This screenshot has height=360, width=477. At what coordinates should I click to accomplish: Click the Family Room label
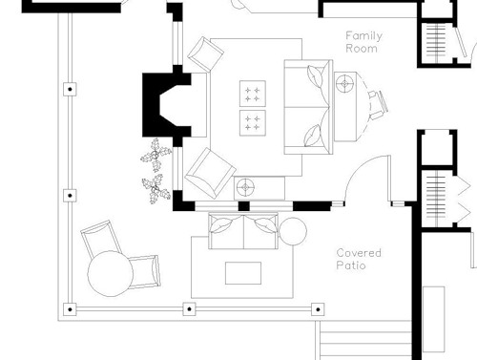pos(363,42)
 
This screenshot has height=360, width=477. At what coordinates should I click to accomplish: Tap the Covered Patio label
pos(359,259)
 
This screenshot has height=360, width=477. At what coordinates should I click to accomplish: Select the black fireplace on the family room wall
pos(166,105)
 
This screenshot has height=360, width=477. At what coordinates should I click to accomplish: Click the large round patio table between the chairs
pos(110,274)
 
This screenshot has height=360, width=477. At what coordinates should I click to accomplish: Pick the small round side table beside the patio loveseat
pos(293,231)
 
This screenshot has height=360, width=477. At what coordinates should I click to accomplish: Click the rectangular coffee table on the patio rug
pos(243,273)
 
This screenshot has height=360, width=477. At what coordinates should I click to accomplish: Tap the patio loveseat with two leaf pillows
pos(243,231)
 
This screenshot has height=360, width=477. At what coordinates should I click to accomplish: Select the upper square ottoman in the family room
pos(253,94)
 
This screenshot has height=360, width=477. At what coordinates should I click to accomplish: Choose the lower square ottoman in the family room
pos(253,123)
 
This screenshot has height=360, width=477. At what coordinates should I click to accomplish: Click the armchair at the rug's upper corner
pos(205,54)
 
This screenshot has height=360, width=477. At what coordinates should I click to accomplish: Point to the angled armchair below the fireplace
pos(211,173)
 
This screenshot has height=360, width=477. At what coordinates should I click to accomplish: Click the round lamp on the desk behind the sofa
pos(345,83)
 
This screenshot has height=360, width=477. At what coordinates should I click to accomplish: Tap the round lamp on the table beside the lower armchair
pos(245,187)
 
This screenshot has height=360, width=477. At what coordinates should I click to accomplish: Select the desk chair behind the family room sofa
pos(378,104)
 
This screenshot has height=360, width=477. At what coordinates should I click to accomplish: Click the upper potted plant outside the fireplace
pos(156,155)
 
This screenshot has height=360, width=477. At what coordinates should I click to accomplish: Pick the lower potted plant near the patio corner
pos(156,189)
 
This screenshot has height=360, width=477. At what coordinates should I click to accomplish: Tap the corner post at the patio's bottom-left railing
pos(70,309)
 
